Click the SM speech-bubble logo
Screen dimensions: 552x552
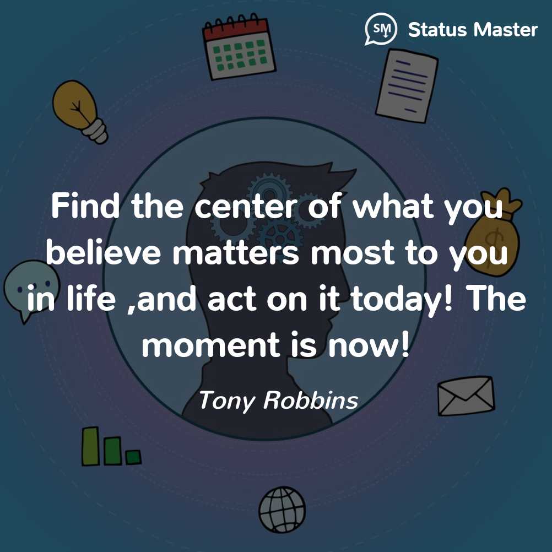coord(381,29)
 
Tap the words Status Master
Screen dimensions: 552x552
coord(473,30)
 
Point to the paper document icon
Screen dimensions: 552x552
coord(407,85)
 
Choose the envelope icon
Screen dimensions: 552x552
coord(466,396)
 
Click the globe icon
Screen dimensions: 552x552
coord(282,509)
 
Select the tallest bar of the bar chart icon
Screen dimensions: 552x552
coord(90,446)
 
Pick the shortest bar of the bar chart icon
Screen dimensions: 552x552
coord(133,457)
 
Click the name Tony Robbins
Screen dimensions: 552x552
coord(278,401)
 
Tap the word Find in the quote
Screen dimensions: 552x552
coord(85,206)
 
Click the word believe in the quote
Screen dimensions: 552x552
coord(104,252)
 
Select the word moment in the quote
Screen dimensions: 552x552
coord(211,345)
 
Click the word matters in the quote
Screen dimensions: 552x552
coord(236,253)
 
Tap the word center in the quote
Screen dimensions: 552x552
coord(246,207)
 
